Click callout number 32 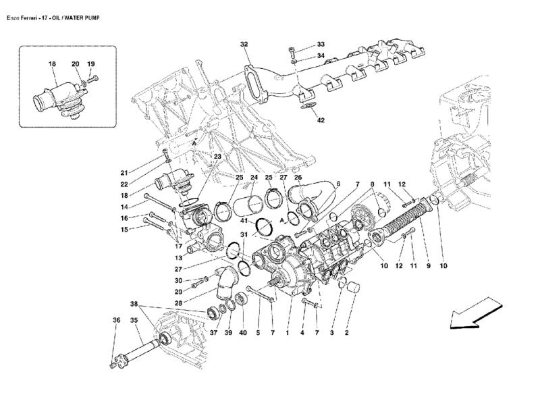(x=244, y=44)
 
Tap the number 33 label (x=321, y=44)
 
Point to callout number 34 (x=321, y=55)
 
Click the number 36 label (x=116, y=321)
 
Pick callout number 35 (x=134, y=321)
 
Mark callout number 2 (x=347, y=332)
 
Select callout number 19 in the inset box (x=90, y=64)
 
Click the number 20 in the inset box (x=76, y=64)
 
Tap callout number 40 (x=242, y=332)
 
